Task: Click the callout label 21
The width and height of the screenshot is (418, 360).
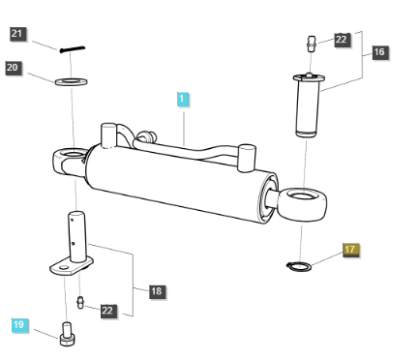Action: [x=17, y=34]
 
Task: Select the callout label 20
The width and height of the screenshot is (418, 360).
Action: [x=14, y=68]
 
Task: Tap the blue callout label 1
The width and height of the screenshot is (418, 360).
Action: [x=182, y=99]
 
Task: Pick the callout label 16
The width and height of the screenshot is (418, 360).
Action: [x=379, y=52]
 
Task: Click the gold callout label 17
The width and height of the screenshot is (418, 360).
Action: [x=350, y=250]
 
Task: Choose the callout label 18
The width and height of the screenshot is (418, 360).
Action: [x=157, y=291]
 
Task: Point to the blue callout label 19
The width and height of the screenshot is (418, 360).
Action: [x=19, y=325]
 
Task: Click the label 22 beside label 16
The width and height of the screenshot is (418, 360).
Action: [x=342, y=40]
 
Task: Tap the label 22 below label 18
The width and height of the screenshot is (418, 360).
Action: [x=108, y=311]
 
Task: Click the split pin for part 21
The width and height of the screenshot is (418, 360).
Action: [x=73, y=49]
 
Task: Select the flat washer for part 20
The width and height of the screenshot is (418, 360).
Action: [x=71, y=81]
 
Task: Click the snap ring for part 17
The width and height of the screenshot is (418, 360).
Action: [x=299, y=266]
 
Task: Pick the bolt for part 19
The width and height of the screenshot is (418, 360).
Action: [x=67, y=335]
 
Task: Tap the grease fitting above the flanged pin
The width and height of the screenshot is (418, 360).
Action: [x=311, y=44]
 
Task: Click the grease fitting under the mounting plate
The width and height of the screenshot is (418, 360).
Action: [x=80, y=302]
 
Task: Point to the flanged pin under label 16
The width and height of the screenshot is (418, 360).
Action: [x=308, y=105]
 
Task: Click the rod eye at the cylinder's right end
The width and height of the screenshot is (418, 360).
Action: [x=303, y=205]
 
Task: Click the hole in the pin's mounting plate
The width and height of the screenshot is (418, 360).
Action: [x=63, y=268]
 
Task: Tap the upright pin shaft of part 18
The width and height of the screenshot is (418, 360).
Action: [x=76, y=236]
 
